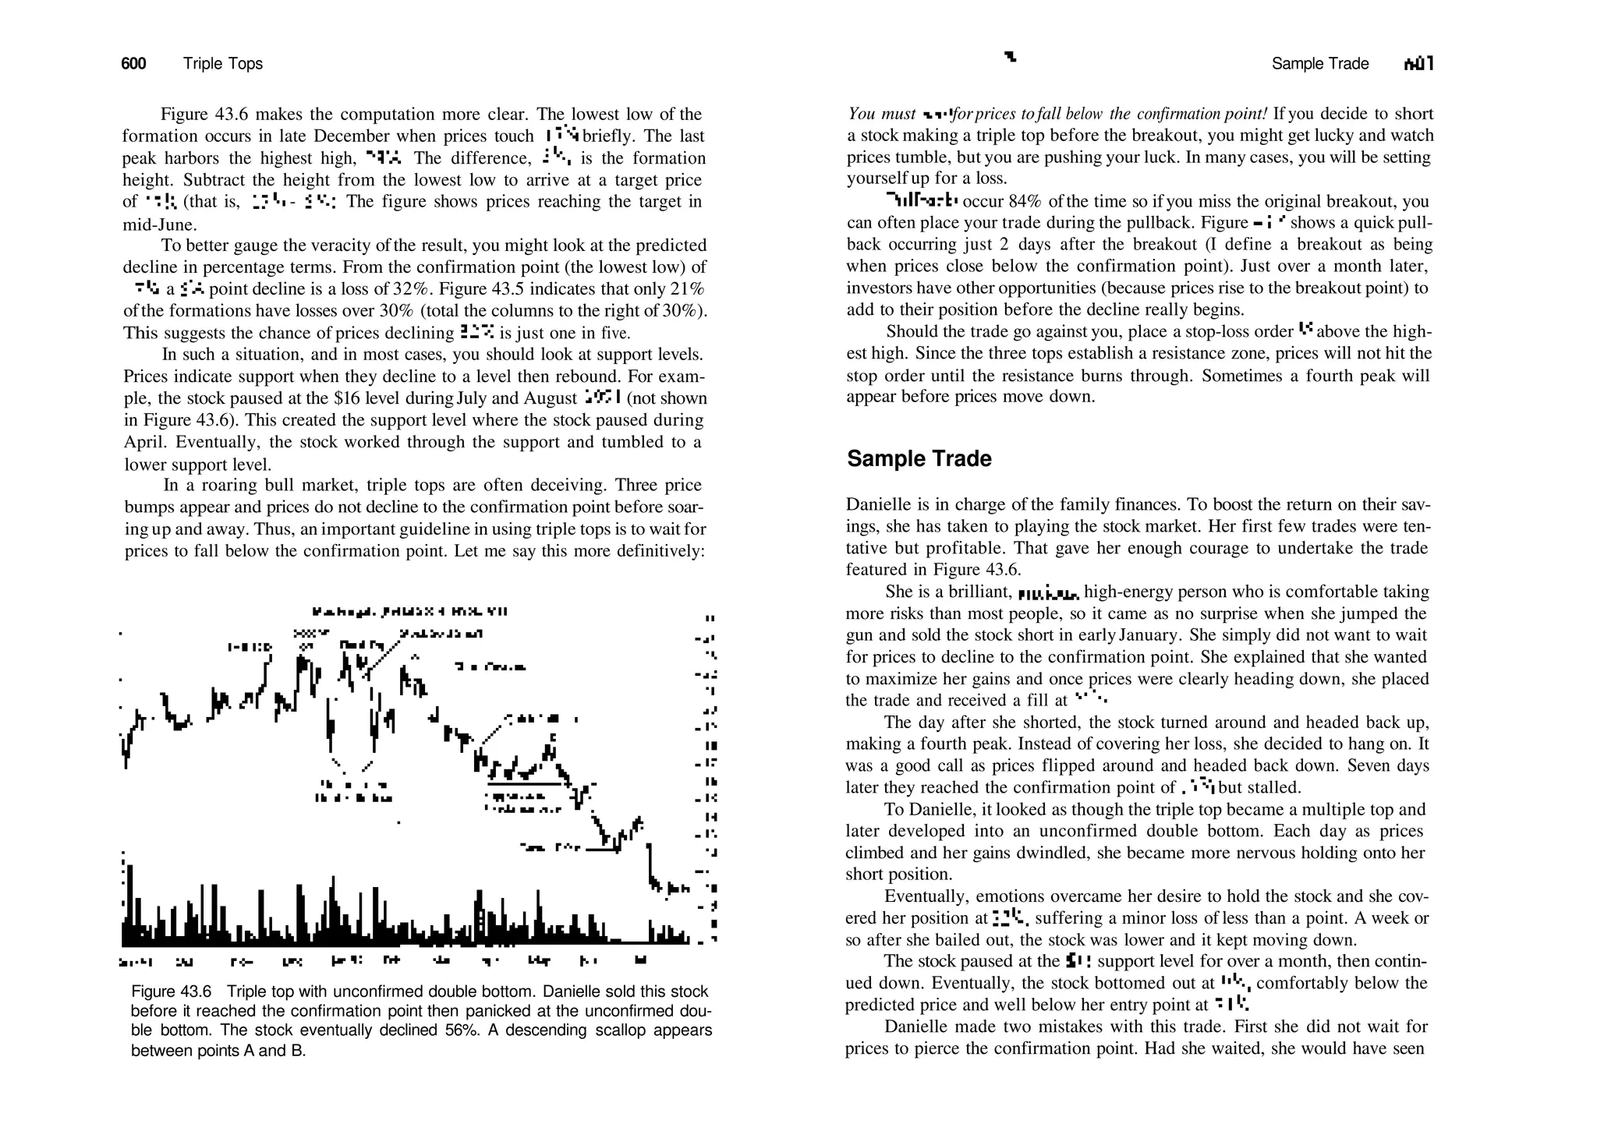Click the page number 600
coord(133,64)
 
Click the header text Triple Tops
coord(223,64)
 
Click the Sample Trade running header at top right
coord(1319,64)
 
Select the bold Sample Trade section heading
coord(919,458)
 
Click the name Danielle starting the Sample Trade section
coord(874,504)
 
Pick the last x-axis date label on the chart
coord(641,961)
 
